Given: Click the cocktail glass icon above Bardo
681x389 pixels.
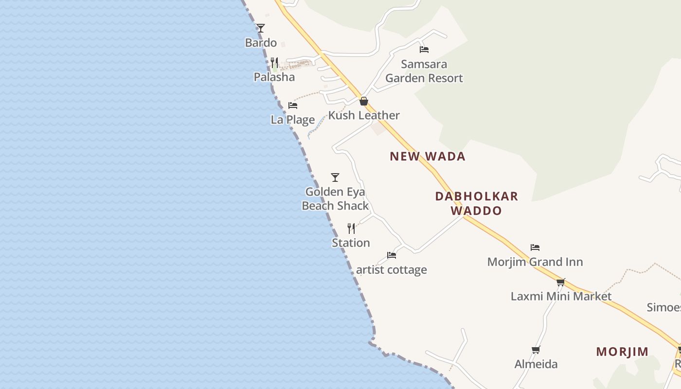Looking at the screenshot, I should pos(261,28).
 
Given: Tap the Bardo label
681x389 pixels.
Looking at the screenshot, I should pos(261,43).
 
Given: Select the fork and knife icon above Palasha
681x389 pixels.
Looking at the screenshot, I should pos(274,63).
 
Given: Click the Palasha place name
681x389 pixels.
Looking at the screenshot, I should pos(274,77).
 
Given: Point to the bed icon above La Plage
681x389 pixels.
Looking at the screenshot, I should pos(293,105).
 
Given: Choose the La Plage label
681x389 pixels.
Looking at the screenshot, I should pos(293,120).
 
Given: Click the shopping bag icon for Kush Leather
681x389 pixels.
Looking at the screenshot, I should pos(364,101).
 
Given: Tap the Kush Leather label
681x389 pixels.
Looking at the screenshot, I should pos(364,115).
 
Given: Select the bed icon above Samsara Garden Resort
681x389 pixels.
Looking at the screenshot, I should pos(424,49).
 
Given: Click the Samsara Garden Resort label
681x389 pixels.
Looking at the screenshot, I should pos(424,71).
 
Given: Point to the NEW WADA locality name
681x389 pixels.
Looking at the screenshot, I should pos(428,156).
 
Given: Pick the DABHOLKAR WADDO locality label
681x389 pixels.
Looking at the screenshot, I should pos(476,203).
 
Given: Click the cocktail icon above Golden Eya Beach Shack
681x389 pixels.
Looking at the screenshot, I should pos(335,177).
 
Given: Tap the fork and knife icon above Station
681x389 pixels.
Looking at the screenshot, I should pos(351,229).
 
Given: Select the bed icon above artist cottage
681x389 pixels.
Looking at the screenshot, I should pos(392,255).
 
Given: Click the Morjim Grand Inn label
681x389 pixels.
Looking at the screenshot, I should pos(535,262).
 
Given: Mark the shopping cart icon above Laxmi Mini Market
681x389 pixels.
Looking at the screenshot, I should pos(561,282).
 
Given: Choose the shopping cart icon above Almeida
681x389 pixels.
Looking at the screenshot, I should pos(536,350).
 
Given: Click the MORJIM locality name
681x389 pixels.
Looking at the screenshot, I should pos(622,352).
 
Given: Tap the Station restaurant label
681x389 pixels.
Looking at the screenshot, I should pos(351,243).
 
